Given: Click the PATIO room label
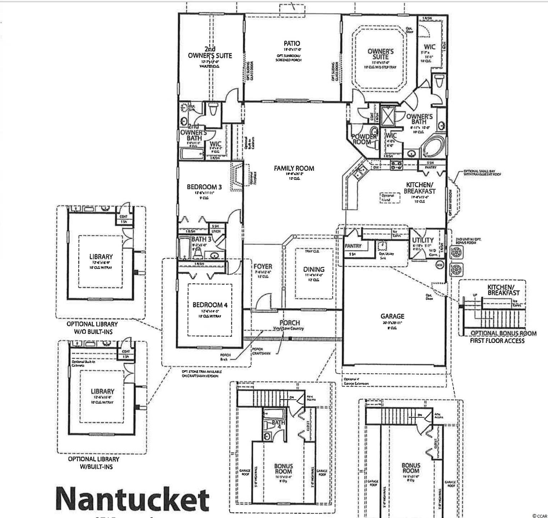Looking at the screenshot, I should pyautogui.click(x=292, y=44).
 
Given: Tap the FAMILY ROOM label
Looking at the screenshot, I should pyautogui.click(x=294, y=168).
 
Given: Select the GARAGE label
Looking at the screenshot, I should pyautogui.click(x=392, y=316).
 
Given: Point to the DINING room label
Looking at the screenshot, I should pyautogui.click(x=314, y=269).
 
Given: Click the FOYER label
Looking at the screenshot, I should pyautogui.click(x=263, y=267).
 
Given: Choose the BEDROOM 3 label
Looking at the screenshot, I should pyautogui.click(x=204, y=187).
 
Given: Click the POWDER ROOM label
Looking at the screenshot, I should pyautogui.click(x=364, y=139).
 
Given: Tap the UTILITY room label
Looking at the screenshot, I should pyautogui.click(x=423, y=240).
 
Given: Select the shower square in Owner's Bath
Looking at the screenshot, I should pyautogui.click(x=387, y=116).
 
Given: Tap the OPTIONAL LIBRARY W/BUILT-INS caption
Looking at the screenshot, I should pyautogui.click(x=93, y=463).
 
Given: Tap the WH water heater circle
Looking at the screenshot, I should pyautogui.click(x=439, y=265).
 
